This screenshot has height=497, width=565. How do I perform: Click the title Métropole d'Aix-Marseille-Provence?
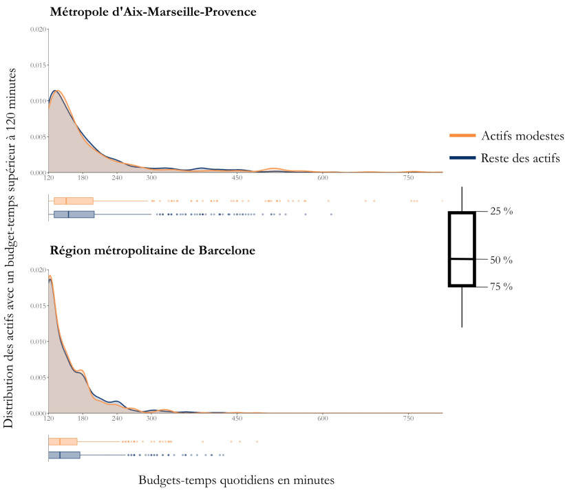(153, 11)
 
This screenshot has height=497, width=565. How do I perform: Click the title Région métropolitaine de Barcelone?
(152, 251)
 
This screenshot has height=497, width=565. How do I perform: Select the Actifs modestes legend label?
(522, 135)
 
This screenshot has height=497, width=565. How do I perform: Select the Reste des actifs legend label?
(520, 158)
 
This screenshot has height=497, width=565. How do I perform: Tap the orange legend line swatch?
(462, 135)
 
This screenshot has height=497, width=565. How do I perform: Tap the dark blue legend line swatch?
(462, 158)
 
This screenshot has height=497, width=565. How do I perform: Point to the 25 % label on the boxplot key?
(501, 212)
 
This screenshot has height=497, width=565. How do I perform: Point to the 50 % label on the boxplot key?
(501, 261)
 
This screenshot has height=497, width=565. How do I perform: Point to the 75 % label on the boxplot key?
(501, 287)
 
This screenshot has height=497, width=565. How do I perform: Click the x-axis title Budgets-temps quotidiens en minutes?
(237, 481)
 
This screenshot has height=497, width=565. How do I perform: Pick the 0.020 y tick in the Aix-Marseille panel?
(39, 30)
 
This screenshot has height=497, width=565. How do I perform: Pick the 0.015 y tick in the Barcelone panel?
(39, 306)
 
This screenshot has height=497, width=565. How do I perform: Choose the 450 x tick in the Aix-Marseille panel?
(237, 178)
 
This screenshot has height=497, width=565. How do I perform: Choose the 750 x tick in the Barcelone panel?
(408, 419)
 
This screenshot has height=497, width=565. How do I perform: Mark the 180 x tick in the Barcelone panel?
(83, 419)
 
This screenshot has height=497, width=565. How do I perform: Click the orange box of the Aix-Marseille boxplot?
(74, 201)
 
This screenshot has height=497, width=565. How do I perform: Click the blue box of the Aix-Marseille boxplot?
(74, 214)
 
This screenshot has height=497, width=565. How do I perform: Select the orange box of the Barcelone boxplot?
(63, 441)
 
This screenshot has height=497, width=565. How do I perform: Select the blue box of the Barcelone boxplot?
(64, 455)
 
